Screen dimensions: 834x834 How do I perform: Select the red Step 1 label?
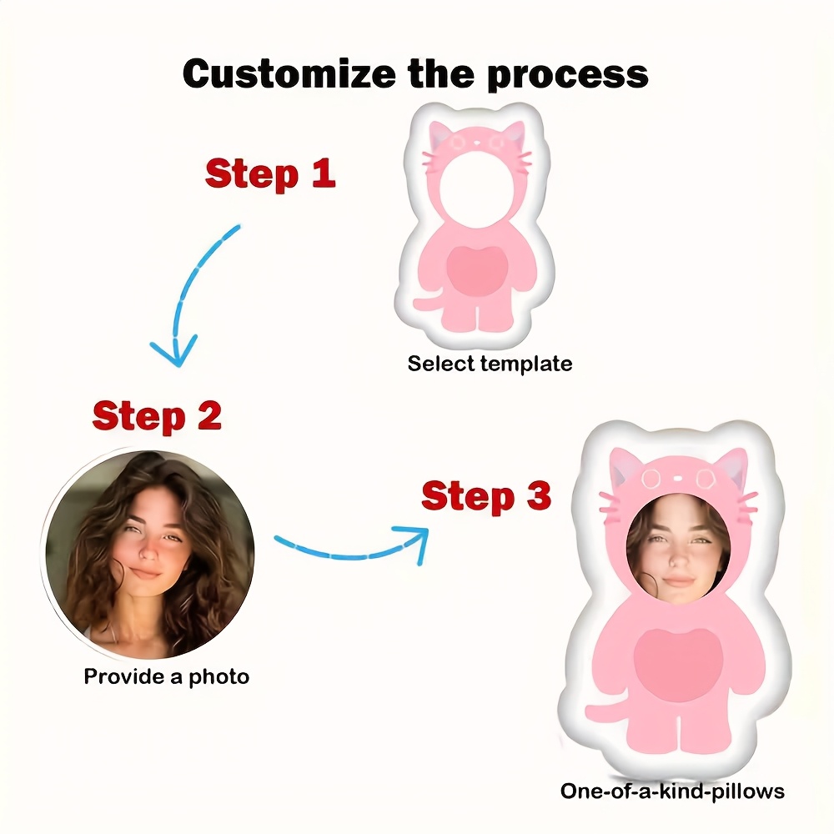point(270,173)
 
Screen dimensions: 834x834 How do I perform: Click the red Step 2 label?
point(158,416)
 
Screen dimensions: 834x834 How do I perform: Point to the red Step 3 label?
point(485,497)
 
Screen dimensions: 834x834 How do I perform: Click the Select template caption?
point(490,364)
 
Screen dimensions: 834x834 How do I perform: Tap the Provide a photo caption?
point(166,676)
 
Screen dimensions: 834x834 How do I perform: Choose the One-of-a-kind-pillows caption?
point(672,791)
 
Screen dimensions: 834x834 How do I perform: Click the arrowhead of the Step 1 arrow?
point(175,350)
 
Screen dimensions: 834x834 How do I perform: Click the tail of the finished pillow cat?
point(602,711)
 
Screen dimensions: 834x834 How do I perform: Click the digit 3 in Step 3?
point(537,497)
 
